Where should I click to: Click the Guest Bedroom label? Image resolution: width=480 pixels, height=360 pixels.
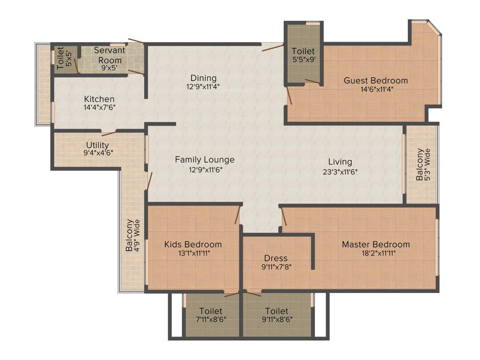coord(375,80)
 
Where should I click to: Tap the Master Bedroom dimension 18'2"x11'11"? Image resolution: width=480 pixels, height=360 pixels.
coord(375,254)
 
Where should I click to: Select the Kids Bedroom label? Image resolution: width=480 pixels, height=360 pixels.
coord(193,244)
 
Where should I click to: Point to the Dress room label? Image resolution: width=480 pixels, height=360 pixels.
coord(276,258)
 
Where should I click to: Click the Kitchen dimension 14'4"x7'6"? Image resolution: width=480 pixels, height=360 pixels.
coord(99,107)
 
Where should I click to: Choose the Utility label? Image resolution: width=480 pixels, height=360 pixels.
coord(97,145)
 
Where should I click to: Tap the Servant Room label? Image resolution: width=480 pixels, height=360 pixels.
coord(109,55)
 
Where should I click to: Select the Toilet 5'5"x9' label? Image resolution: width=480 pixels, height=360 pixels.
coord(303,51)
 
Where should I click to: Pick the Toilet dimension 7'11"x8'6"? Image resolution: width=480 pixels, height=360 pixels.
coord(210,320)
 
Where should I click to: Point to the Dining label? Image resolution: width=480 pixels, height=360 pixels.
coord(203,78)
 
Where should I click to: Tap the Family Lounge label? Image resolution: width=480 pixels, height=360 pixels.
coord(205,160)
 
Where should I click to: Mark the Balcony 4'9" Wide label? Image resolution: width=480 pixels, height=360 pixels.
coord(133,235)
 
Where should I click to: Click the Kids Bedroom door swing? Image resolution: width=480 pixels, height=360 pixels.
coord(238,214)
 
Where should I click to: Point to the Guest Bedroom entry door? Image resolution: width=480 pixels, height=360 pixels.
coord(290,96)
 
